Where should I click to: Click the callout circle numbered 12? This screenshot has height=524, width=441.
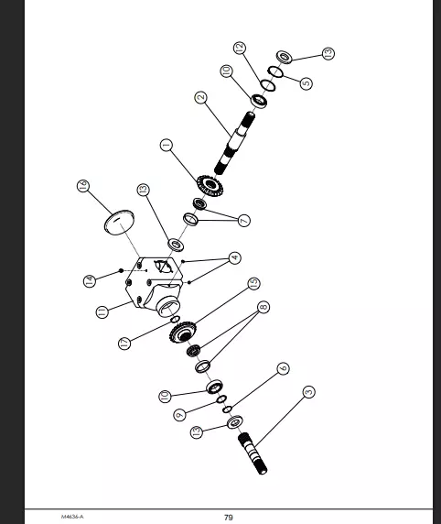(x=240, y=49)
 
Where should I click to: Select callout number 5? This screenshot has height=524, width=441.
(x=307, y=83)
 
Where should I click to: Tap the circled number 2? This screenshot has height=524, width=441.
(x=200, y=98)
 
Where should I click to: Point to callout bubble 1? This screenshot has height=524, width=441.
(x=167, y=145)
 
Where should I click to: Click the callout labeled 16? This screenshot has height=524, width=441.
(x=83, y=185)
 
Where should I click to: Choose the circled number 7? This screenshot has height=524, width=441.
(x=243, y=221)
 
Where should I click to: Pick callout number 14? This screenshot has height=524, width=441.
(x=89, y=280)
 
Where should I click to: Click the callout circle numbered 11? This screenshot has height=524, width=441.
(x=102, y=311)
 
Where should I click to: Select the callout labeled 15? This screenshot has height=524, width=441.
(x=253, y=283)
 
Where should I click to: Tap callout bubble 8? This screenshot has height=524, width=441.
(x=264, y=307)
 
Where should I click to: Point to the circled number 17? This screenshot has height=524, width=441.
(x=124, y=343)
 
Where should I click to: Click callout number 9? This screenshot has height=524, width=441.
(x=179, y=415)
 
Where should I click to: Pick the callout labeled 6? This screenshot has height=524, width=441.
(x=283, y=368)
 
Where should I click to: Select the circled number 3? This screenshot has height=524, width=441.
(x=309, y=392)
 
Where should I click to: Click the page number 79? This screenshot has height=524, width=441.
(x=229, y=518)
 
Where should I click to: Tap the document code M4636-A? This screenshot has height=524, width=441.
(x=72, y=517)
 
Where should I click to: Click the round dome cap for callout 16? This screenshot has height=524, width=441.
(x=119, y=223)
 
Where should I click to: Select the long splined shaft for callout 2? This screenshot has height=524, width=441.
(x=234, y=143)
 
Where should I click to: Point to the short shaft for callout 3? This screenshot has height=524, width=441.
(x=253, y=453)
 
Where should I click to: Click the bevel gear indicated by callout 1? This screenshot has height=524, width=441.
(x=210, y=185)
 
